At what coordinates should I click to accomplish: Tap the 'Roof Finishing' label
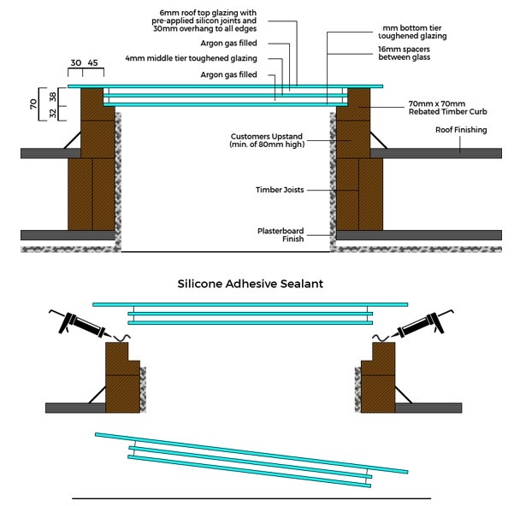pyautogui.click(x=460, y=130)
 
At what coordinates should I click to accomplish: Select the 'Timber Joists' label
pyautogui.click(x=281, y=190)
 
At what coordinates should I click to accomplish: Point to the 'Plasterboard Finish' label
pyautogui.click(x=281, y=235)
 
